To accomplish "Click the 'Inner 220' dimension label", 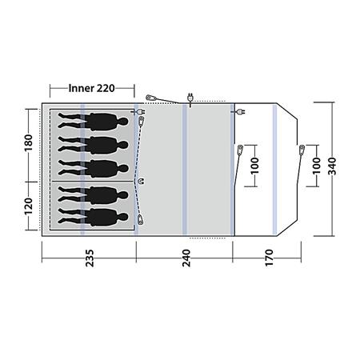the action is [91, 88].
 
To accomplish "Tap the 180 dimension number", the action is [29, 142].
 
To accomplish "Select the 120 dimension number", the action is [29, 206].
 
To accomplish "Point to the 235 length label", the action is [90, 258].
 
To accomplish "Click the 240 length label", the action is [186, 258].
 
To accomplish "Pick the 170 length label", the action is [270, 258].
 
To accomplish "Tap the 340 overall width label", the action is [332, 166].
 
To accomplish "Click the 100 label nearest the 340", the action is [316, 166].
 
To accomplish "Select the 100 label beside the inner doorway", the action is [255, 166].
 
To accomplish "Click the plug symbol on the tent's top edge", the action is [190, 98].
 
